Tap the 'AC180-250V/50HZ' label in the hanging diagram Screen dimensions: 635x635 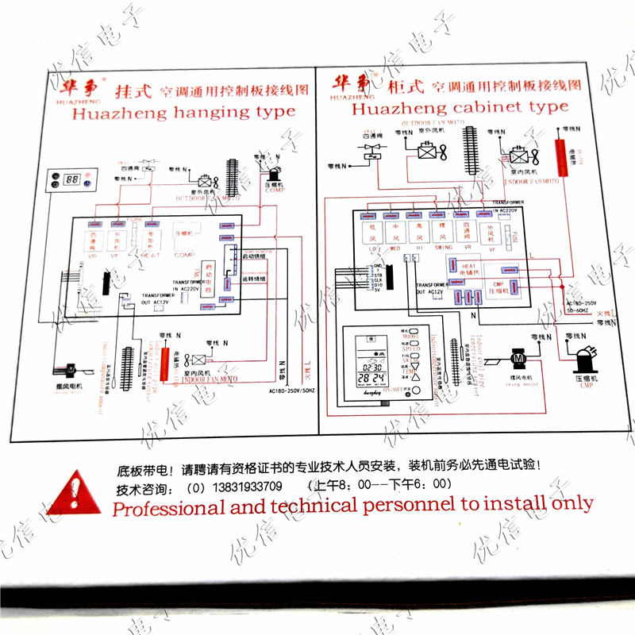click(x=293, y=391)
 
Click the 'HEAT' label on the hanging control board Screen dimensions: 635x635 click(x=151, y=254)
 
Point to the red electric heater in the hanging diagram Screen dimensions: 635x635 click(x=165, y=362)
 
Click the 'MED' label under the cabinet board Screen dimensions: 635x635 click(x=394, y=248)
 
